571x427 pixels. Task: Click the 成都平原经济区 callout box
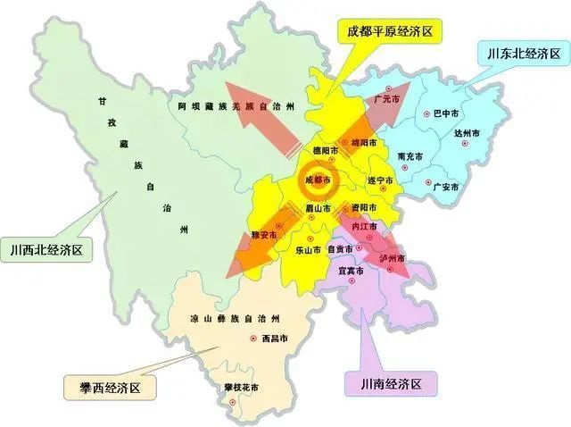point(389,31)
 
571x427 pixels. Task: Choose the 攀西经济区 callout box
point(107,387)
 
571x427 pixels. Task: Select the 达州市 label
point(468,133)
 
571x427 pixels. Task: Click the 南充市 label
point(410,157)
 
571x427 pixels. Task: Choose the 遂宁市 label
point(381,180)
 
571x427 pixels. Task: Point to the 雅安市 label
point(265,235)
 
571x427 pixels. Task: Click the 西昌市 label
point(275,339)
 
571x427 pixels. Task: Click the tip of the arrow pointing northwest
point(226,83)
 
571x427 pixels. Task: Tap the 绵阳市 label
point(363,143)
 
